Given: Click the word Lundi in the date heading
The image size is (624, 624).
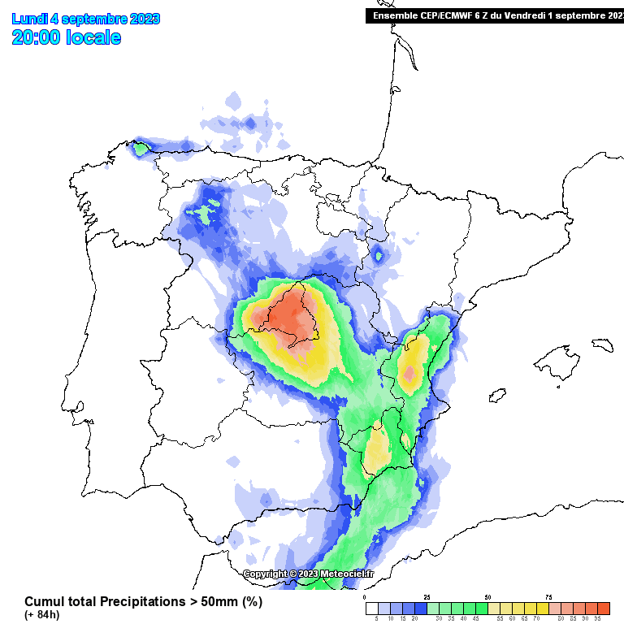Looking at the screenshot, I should (x=28, y=19).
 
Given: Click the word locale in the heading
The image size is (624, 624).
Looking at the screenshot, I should (x=93, y=37).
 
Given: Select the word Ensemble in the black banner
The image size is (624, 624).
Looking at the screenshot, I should (x=393, y=15).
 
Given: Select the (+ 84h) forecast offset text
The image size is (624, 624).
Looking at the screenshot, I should (x=41, y=615).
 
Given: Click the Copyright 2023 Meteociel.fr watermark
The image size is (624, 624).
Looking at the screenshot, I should (x=308, y=574).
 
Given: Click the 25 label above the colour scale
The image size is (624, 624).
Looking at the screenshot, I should (x=427, y=597).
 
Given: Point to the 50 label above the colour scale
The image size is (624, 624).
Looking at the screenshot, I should (x=487, y=597).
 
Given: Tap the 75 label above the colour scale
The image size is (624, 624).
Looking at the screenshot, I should (x=548, y=597).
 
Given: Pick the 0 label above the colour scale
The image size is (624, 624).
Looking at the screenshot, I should (x=366, y=597).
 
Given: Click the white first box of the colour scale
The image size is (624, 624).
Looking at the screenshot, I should (x=371, y=608).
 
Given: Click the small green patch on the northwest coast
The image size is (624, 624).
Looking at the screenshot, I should (x=141, y=149).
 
